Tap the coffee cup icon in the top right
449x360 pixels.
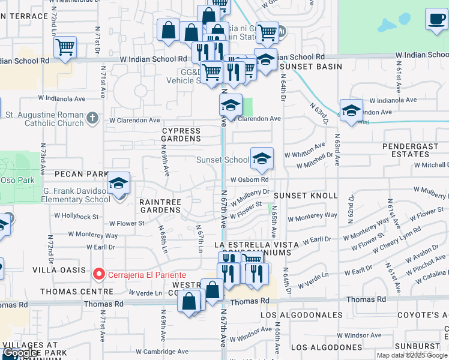pos(435,19)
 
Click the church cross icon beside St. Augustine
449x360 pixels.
pos(92,118)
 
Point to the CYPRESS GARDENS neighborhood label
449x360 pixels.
pos(181,134)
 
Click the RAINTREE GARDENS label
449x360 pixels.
pos(160,206)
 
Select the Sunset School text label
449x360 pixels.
pos(223,160)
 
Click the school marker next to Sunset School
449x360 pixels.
pos(262,159)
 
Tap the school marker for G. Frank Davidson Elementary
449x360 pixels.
pos(119,184)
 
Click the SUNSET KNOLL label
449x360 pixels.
pos(298,196)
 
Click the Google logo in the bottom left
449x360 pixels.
pos(20,353)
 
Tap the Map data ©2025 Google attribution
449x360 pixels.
pos(412,355)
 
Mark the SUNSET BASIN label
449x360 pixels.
pos(311,67)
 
